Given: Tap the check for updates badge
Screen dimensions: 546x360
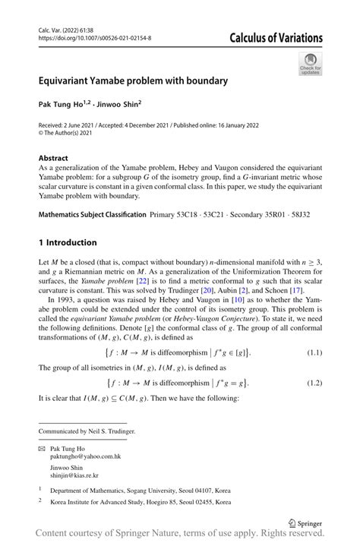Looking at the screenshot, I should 310,65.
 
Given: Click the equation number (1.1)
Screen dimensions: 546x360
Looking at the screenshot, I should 311,352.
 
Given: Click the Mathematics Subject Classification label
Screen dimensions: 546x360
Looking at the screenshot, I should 91,215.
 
